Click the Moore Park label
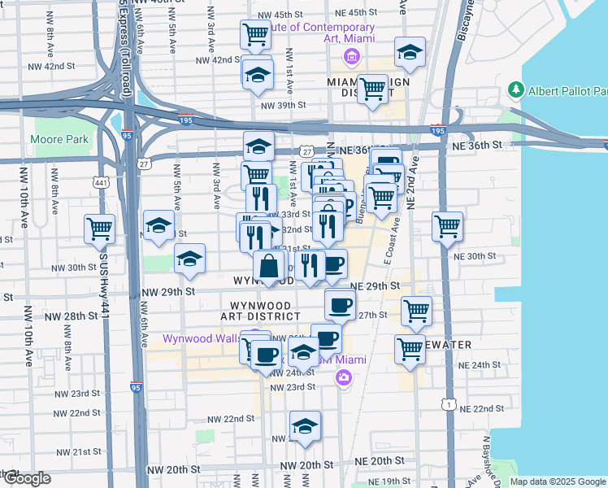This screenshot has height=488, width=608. tap(59, 139)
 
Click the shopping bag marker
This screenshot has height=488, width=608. tap(269, 264)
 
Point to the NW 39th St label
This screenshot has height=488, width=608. tap(283, 105)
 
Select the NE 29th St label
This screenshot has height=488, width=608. tap(375, 286)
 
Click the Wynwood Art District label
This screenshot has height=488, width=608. tap(259, 309)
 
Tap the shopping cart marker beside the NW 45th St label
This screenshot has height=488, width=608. tap(255, 35)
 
